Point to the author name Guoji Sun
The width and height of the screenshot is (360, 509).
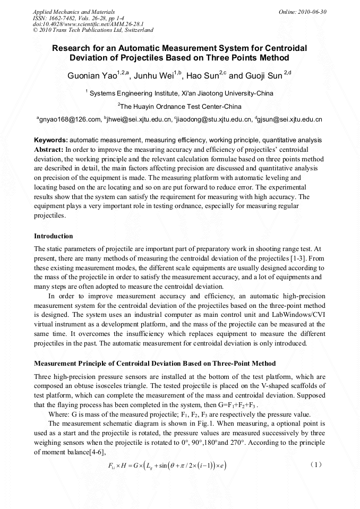(263, 76)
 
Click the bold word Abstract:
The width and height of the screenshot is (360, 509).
(49, 149)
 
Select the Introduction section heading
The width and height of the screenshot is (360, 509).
(53, 236)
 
